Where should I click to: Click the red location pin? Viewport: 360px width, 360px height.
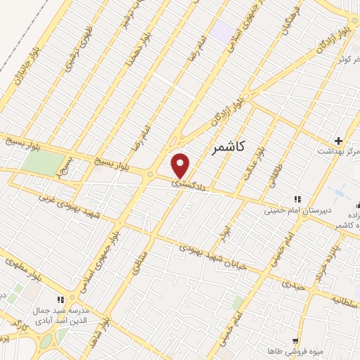[181, 165]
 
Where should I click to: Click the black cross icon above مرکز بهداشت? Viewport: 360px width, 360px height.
[339, 141]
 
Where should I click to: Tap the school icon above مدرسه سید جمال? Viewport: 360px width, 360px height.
[60, 300]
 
